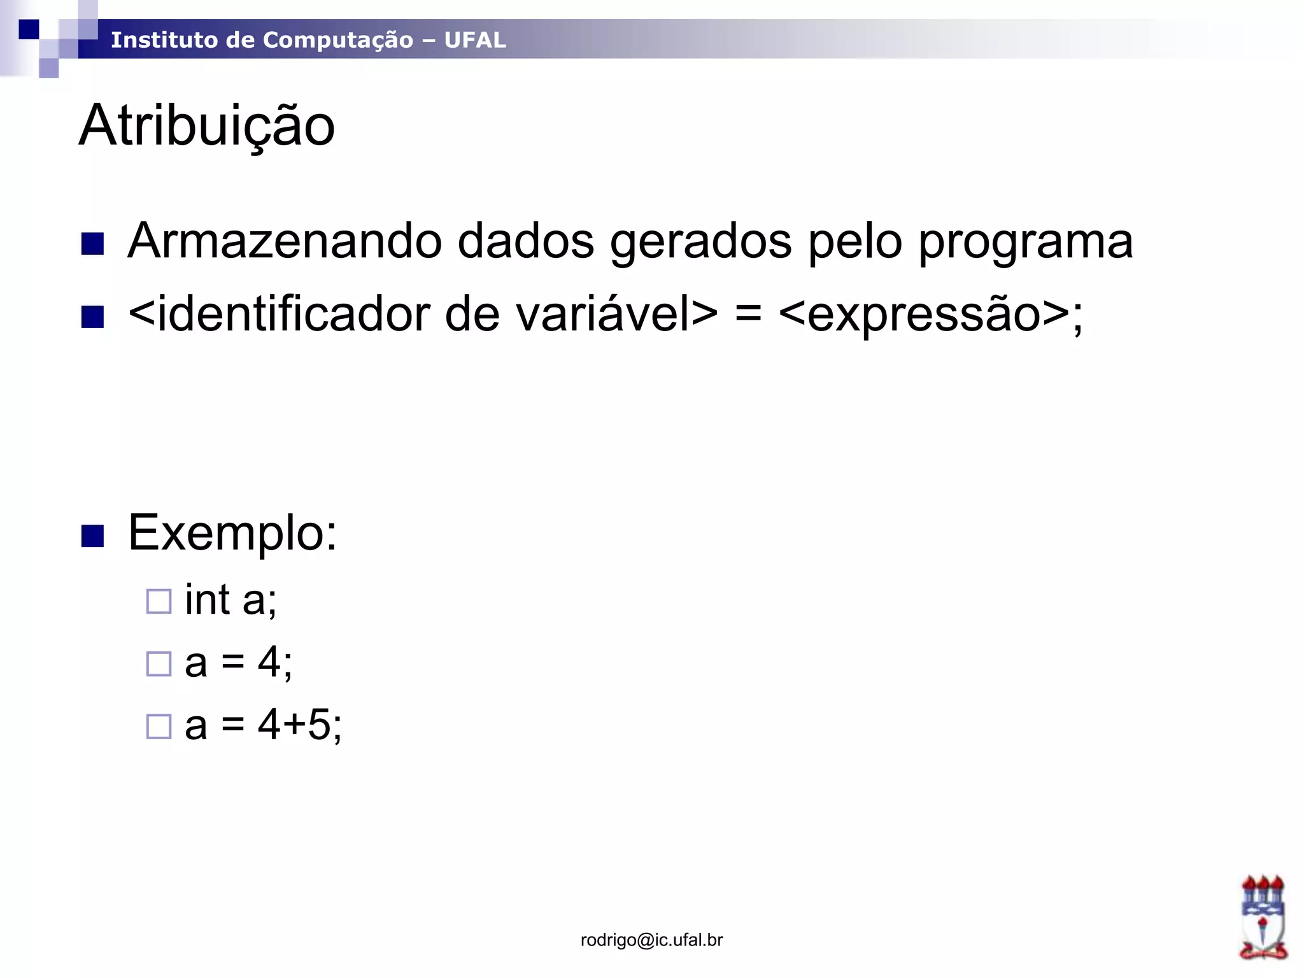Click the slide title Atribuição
(x=207, y=126)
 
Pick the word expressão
(x=924, y=315)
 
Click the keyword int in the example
(x=207, y=599)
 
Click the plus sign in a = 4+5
(x=294, y=725)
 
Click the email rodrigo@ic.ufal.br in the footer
(x=651, y=940)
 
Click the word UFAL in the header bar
(x=475, y=40)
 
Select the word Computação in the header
(x=337, y=40)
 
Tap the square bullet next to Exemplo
(x=93, y=536)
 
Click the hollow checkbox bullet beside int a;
(x=159, y=601)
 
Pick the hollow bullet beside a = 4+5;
(x=159, y=726)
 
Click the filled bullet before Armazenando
(x=93, y=244)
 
